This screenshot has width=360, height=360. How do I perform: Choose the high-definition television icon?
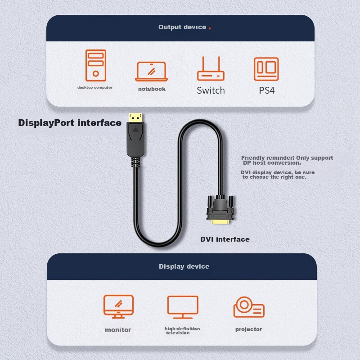(x=183, y=307)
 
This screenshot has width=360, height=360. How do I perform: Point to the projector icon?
(x=248, y=307)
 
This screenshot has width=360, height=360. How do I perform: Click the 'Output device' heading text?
(x=182, y=27)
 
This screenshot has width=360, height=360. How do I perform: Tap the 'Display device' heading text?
(x=184, y=266)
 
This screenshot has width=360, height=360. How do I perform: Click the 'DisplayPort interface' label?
(x=70, y=122)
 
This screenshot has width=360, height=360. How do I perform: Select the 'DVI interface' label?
(x=225, y=239)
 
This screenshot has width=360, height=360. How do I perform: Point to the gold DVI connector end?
(x=220, y=222)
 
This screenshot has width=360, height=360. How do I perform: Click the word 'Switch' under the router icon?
(x=211, y=90)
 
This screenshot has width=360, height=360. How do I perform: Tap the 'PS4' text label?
(x=266, y=90)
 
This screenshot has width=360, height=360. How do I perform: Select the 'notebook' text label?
(x=152, y=89)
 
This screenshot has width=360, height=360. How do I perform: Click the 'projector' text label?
(x=248, y=329)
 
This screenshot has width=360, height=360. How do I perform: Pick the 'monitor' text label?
(x=118, y=330)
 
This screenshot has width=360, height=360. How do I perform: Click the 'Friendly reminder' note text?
(x=287, y=160)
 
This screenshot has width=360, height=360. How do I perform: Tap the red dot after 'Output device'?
(x=210, y=28)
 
